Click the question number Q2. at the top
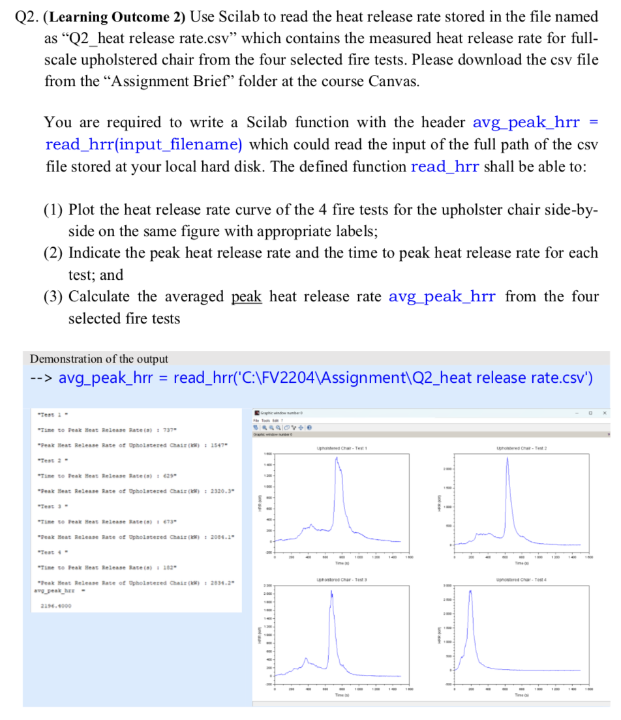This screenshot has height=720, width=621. point(28,15)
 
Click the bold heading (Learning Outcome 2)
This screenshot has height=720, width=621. point(123,15)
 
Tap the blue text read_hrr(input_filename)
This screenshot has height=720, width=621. point(144,144)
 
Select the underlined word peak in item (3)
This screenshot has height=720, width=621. point(247,297)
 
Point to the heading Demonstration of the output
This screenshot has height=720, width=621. point(99,359)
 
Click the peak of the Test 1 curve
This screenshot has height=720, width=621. point(337,458)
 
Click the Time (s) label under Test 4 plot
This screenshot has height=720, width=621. point(520,696)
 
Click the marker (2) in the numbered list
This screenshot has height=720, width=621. point(53,252)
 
